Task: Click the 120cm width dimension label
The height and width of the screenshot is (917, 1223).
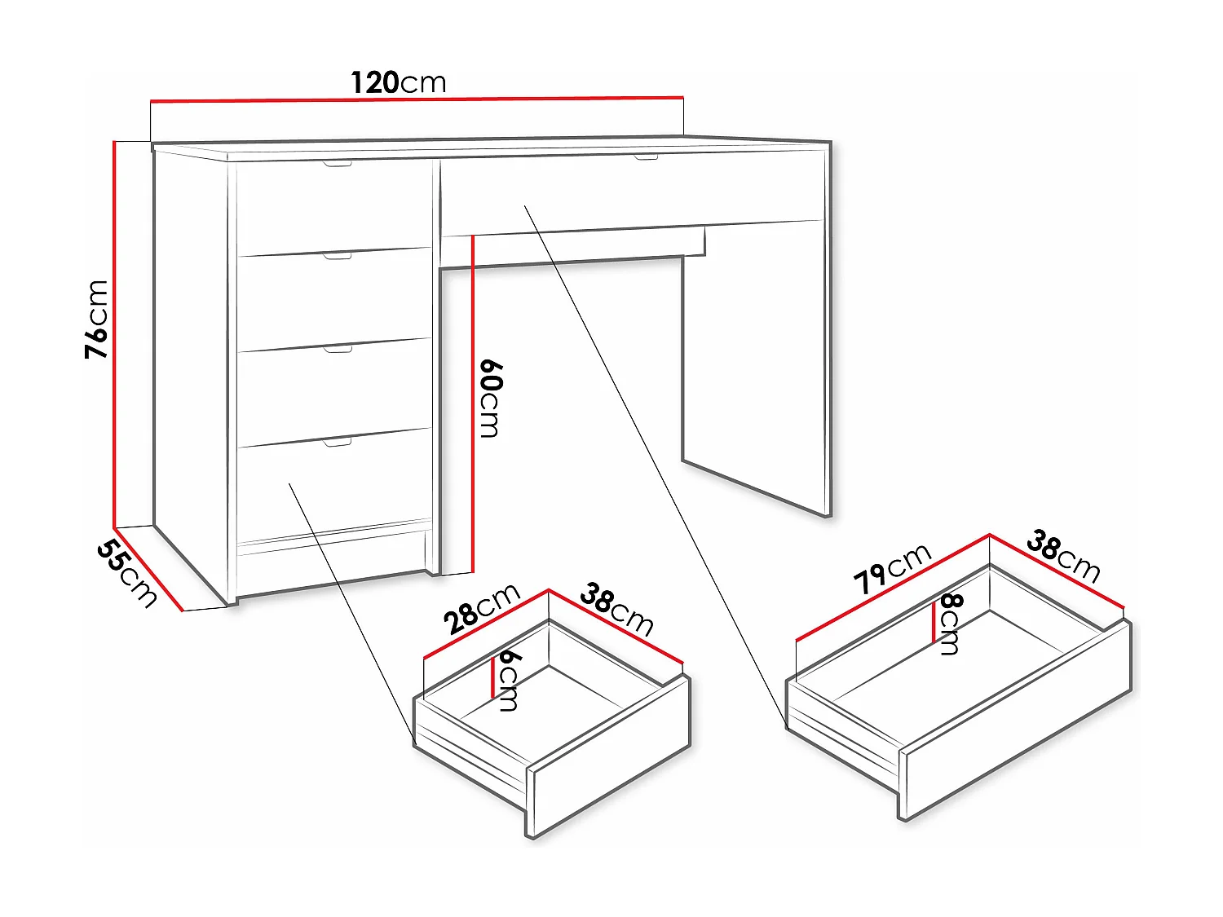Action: click(x=399, y=82)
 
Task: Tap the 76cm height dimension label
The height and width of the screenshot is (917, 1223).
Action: click(x=97, y=319)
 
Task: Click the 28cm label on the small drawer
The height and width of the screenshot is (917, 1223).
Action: click(x=481, y=609)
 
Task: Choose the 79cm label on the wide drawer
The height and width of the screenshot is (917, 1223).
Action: click(x=892, y=568)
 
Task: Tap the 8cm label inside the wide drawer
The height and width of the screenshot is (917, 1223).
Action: click(x=951, y=624)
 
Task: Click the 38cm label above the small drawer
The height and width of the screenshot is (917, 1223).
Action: click(x=617, y=610)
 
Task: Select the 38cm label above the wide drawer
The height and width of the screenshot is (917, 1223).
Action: click(x=1063, y=556)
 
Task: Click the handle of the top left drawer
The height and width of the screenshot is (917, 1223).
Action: click(x=337, y=165)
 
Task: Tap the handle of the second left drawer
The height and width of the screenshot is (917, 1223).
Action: click(x=338, y=256)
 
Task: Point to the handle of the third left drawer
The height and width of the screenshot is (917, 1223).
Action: click(x=338, y=349)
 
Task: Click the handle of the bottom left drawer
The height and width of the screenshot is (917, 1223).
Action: click(x=338, y=442)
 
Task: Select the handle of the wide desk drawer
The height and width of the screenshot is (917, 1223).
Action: click(x=646, y=156)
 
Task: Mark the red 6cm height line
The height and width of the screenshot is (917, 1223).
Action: click(x=493, y=677)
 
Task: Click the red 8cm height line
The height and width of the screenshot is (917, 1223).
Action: click(x=934, y=623)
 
